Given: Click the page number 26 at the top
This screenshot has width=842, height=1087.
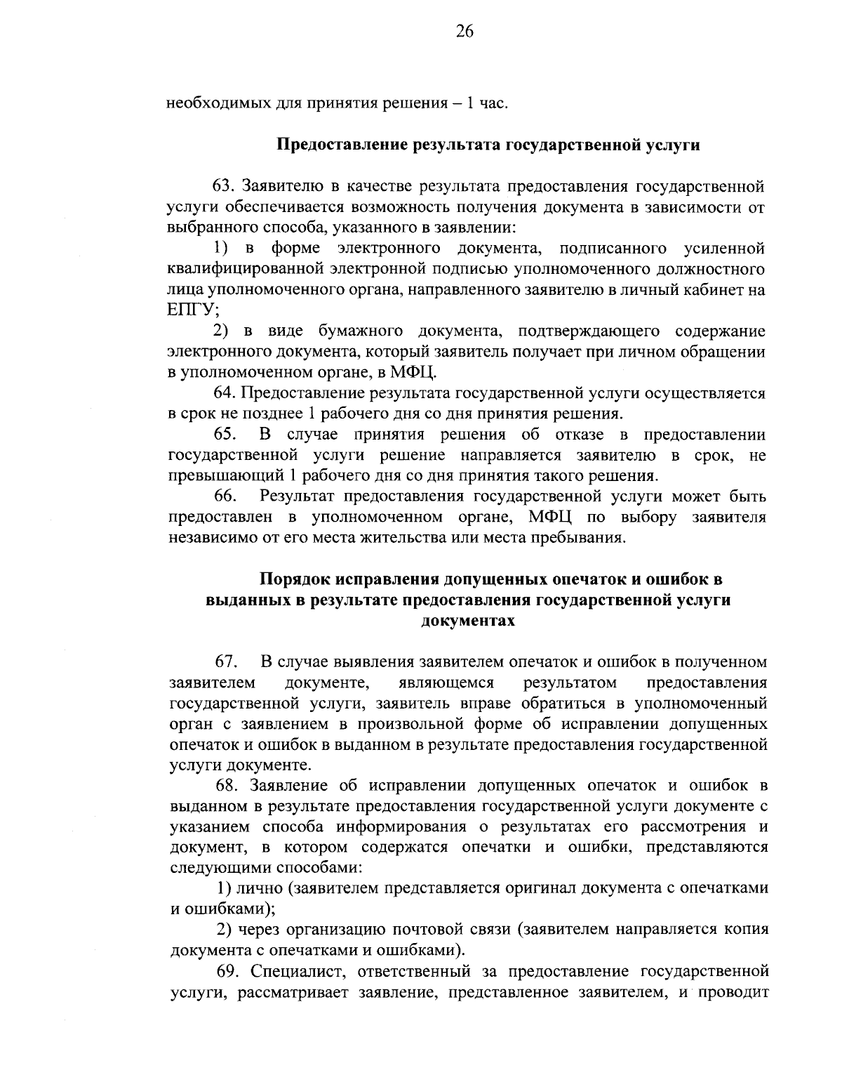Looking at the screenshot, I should pyautogui.click(x=465, y=31).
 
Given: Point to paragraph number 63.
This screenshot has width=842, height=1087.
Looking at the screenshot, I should pyautogui.click(x=226, y=187).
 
